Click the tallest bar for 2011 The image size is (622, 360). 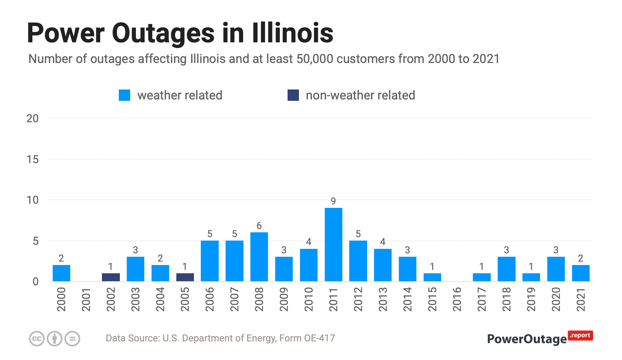point(333,244)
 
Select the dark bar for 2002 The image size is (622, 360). point(111,277)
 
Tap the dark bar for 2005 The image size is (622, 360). point(185,277)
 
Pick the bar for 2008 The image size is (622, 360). point(259,257)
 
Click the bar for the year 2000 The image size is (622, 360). point(61,273)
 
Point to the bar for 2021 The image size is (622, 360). point(581,273)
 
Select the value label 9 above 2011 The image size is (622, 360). point(333,201)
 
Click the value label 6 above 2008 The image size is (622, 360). point(259,226)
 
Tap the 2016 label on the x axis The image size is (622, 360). point(457,299)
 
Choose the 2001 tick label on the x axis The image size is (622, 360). point(86,299)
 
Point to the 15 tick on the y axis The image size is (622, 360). point(33,159)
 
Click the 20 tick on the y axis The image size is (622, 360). point(33,118)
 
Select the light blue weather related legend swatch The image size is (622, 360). point(124,95)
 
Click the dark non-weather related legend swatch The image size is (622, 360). point(293,95)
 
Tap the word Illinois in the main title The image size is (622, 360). point(293,33)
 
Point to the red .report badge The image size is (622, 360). point(580,336)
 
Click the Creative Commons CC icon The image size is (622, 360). point(37,339)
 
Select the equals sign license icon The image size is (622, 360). point(72,339)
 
